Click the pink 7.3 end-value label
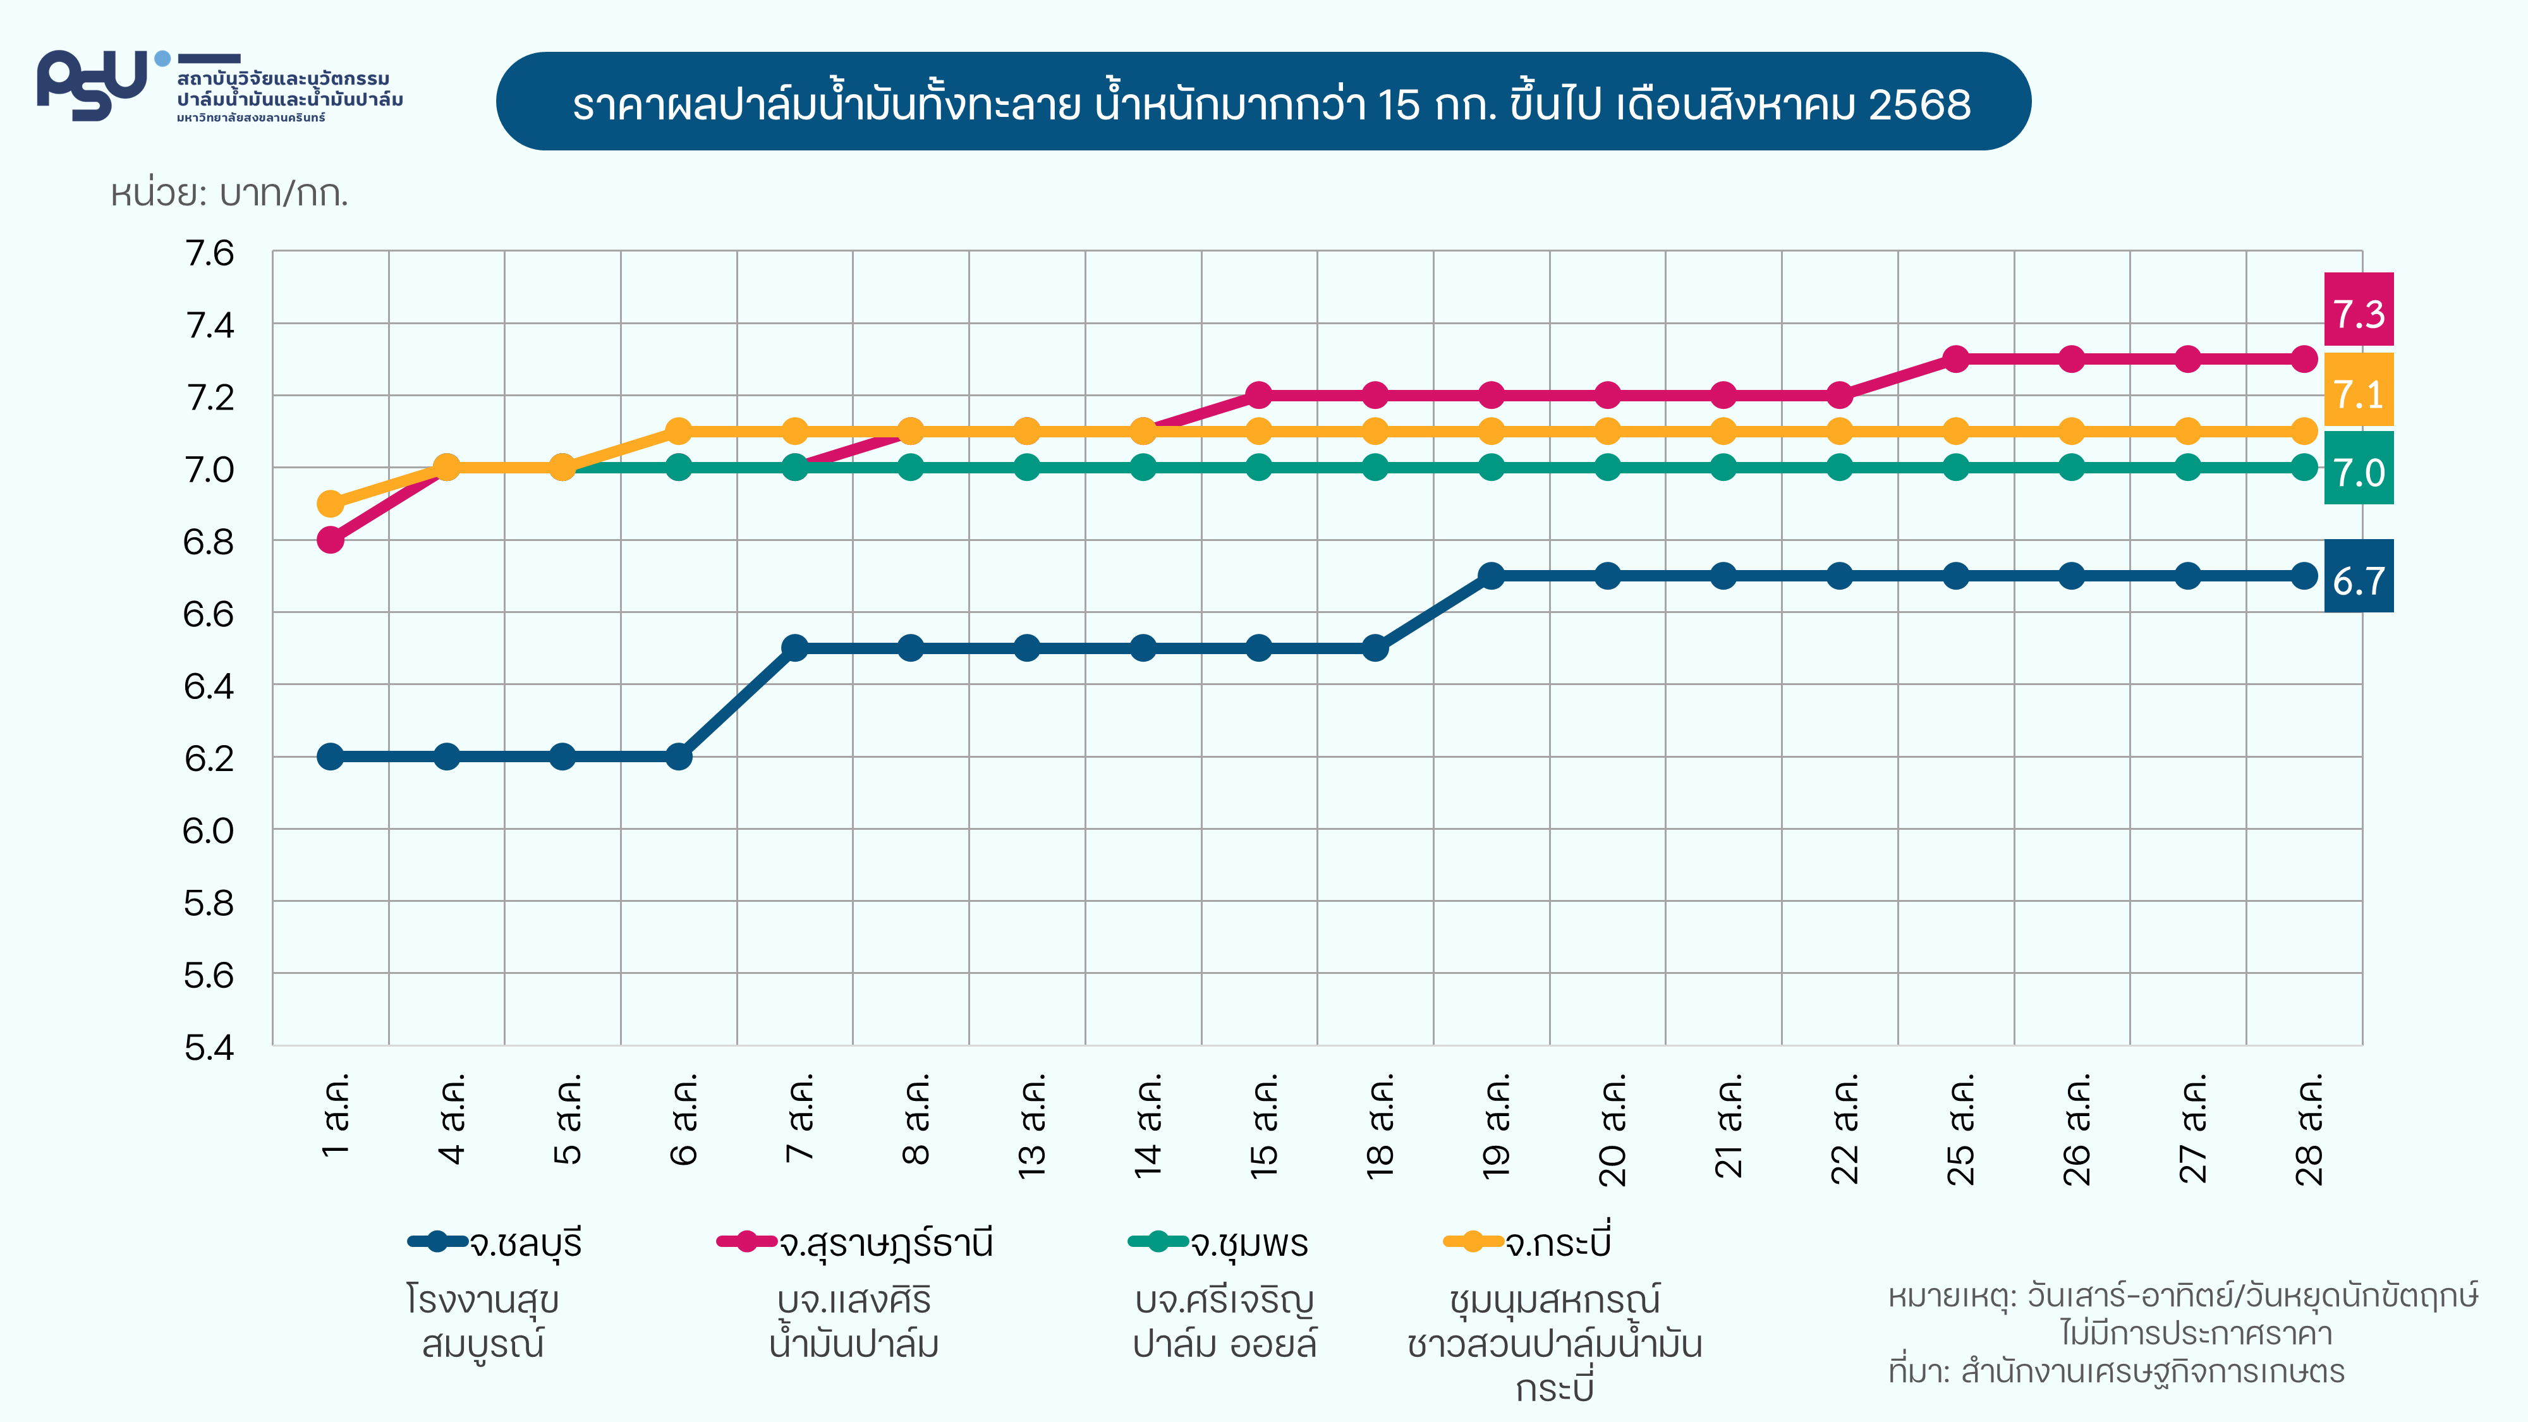click(2358, 313)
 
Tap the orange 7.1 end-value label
click(2358, 392)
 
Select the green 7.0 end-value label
click(2358, 471)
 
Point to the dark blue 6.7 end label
click(2358, 580)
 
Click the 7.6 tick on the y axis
click(210, 253)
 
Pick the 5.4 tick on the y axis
click(210, 1047)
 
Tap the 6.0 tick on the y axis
click(210, 830)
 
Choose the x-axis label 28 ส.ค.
click(2308, 1129)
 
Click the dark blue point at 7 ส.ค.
click(795, 648)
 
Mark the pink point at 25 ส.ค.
click(1956, 359)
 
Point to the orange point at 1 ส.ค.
click(331, 504)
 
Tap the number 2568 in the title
click(1919, 104)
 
